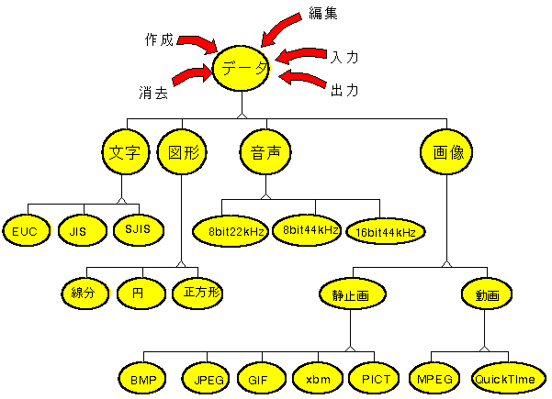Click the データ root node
coord(242,68)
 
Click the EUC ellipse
coord(24,230)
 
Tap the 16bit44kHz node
coord(387,232)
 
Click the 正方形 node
coord(200,293)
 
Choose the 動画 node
coord(486,295)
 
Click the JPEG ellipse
coord(208,377)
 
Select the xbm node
coord(317,377)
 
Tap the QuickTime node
coord(508,377)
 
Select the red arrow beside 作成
coord(197,43)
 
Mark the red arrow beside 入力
coord(301,56)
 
